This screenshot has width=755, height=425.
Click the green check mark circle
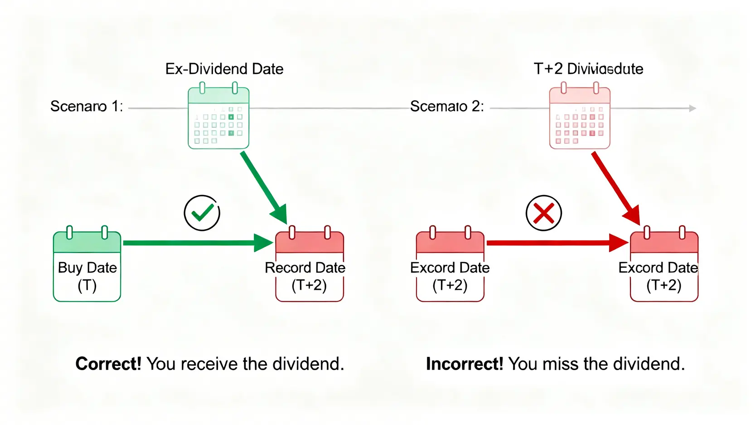pyautogui.click(x=202, y=213)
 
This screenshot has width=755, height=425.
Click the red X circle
pyautogui.click(x=544, y=213)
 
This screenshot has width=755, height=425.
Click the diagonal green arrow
pyautogui.click(x=263, y=186)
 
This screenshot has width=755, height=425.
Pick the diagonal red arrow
pyautogui.click(x=614, y=186)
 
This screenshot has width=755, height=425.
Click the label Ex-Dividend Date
pyautogui.click(x=224, y=69)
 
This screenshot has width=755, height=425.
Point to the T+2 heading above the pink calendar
pyautogui.click(x=588, y=69)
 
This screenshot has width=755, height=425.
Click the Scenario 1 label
pyautogui.click(x=86, y=106)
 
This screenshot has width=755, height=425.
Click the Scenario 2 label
pyautogui.click(x=447, y=106)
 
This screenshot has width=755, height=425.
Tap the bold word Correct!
pyautogui.click(x=108, y=364)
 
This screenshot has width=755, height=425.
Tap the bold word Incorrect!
pyautogui.click(x=465, y=364)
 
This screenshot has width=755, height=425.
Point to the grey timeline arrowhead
pyautogui.click(x=692, y=108)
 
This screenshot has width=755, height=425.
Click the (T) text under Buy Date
pyautogui.click(x=87, y=286)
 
